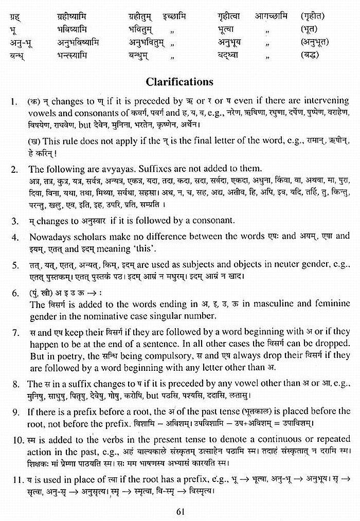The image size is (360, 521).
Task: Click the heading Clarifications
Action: (179, 82)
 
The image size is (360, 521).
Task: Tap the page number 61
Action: (180, 511)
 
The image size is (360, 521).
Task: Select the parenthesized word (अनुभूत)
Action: (314, 42)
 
